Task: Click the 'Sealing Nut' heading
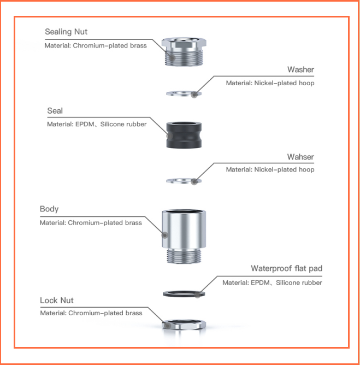pos(66,32)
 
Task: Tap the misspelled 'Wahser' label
pos(300,157)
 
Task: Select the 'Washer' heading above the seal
pos(300,69)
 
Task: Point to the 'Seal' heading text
pos(55,110)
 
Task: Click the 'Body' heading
pos(49,209)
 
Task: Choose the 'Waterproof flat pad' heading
pos(286,268)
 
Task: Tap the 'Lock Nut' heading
pos(57,301)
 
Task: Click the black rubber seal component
pos(184,135)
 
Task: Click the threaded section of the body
pos(184,256)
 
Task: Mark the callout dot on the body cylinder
pos(165,235)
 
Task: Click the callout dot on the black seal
pos(170,136)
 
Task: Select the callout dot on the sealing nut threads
pos(172,57)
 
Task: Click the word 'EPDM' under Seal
pos(85,124)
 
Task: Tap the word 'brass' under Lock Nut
pos(134,313)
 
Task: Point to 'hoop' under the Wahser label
pos(306,170)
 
